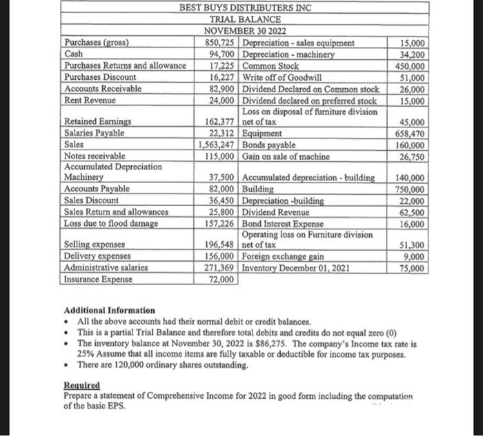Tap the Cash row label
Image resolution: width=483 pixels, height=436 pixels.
tap(74, 54)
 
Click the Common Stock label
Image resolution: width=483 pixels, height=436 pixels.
tap(270, 66)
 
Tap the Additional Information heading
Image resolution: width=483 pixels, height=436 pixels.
tap(109, 311)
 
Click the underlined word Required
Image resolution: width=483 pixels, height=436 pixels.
tap(81, 386)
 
